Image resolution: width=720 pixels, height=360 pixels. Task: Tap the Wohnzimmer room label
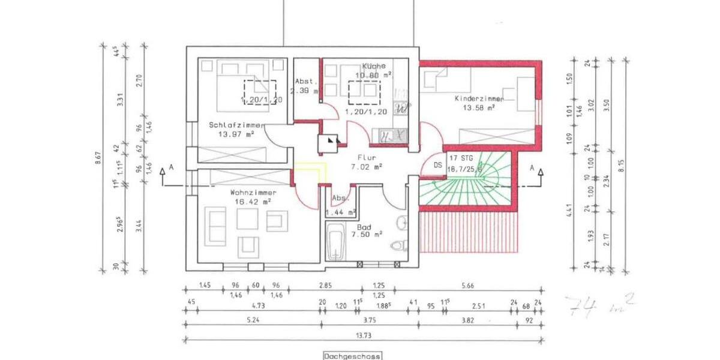click(x=253, y=193)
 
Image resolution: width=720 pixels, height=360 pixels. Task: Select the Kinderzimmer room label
click(x=478, y=98)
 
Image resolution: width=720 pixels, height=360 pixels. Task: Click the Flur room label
click(x=366, y=157)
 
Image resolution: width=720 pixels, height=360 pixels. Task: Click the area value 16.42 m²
click(x=253, y=202)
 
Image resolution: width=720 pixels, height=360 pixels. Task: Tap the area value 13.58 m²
click(x=478, y=108)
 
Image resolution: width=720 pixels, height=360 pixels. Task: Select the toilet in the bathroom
click(x=397, y=245)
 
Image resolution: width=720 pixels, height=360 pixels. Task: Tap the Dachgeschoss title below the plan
click(x=352, y=356)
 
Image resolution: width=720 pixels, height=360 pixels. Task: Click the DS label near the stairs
click(x=437, y=164)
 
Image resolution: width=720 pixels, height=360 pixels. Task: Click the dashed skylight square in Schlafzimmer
click(x=259, y=92)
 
